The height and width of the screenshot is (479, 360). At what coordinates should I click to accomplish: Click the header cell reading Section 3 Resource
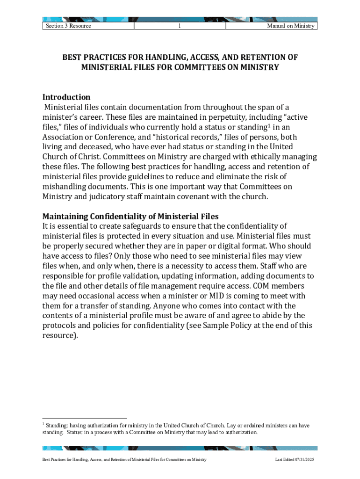pos(68,26)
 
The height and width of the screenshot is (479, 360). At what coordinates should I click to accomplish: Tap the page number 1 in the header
pos(180,26)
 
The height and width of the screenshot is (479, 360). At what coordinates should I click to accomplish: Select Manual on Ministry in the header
pos(290,26)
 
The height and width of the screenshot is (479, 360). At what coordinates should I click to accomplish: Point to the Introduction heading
pos(66,97)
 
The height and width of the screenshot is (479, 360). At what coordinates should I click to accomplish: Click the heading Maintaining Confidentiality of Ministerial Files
pos(130,217)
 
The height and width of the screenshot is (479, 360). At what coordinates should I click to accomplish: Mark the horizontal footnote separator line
pos(85,418)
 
